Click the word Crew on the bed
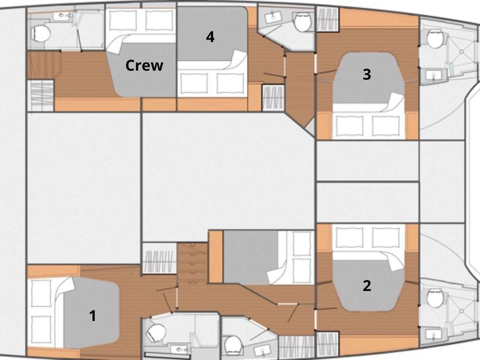[144, 65]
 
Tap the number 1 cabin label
[92, 316]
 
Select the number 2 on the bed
[367, 285]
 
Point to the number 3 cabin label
[367, 74]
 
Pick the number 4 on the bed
[210, 37]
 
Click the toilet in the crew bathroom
[41, 34]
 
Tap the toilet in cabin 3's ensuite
[435, 39]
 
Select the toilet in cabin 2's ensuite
[435, 298]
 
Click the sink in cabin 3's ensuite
[433, 75]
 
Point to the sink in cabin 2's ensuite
[433, 334]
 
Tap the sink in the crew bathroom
[63, 16]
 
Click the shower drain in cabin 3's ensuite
[462, 52]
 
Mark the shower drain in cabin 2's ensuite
[462, 311]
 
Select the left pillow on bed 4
[194, 83]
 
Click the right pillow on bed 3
[386, 126]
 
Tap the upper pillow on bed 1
[42, 293]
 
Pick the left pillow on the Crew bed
[123, 20]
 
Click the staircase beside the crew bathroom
[44, 65]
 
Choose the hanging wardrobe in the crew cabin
[41, 96]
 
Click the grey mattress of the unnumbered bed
[251, 257]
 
